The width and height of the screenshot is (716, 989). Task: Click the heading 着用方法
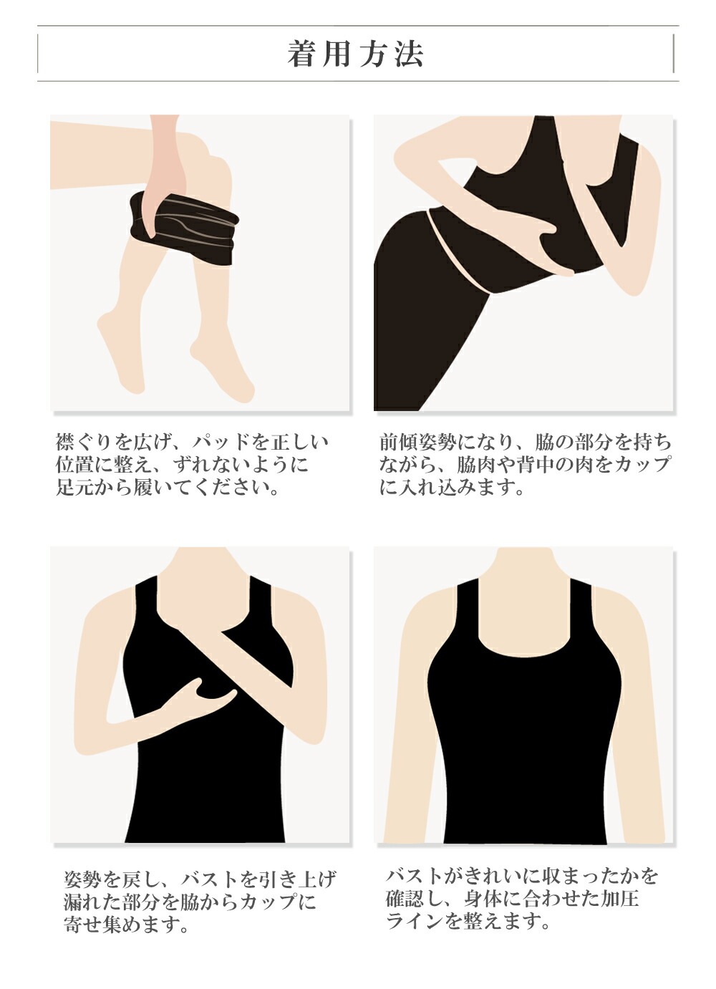tap(356, 54)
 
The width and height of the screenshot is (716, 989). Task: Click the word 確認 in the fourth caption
tap(405, 898)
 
